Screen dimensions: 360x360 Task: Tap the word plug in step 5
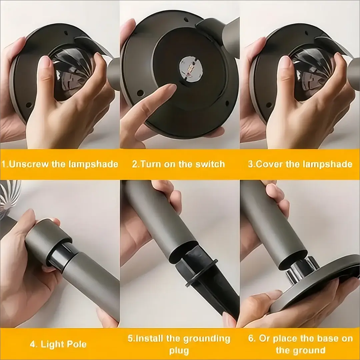pos(179,351)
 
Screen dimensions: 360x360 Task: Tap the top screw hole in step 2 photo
pos(186,20)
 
